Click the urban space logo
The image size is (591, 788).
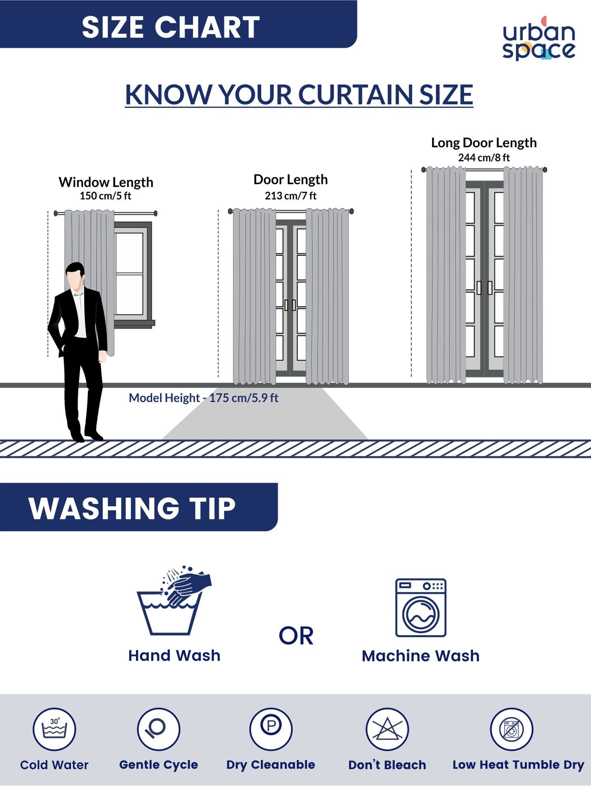click(539, 39)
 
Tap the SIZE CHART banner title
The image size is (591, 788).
click(171, 27)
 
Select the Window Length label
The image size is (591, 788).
click(106, 182)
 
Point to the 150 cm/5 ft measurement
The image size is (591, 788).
click(106, 196)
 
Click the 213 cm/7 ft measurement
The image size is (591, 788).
click(291, 196)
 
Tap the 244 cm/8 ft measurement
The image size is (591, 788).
click(484, 158)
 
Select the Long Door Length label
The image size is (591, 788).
click(484, 143)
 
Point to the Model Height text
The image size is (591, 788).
click(203, 398)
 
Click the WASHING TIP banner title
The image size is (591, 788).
click(132, 508)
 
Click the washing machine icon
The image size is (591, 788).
click(421, 608)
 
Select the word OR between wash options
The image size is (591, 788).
click(296, 636)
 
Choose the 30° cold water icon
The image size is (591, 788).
click(54, 729)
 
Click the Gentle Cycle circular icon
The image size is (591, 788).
click(159, 729)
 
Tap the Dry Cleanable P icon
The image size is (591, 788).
click(271, 729)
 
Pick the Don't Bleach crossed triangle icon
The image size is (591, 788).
click(387, 729)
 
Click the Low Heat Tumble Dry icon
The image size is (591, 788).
click(511, 729)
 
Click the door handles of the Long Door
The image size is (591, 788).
click(484, 288)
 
